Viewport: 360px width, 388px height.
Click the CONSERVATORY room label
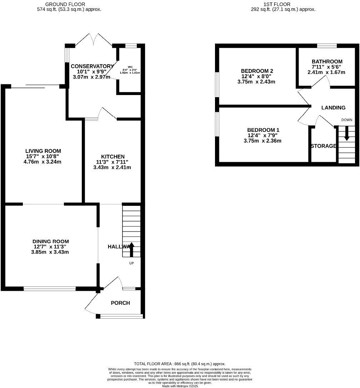[x=92, y=66]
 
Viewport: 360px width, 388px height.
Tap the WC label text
[x=131, y=66]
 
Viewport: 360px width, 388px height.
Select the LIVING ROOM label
[x=43, y=151]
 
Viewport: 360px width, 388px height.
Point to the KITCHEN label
[x=113, y=157]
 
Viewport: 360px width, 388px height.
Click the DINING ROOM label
[x=51, y=242]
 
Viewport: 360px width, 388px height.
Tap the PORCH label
[x=120, y=303]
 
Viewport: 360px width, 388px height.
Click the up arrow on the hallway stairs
[x=131, y=249]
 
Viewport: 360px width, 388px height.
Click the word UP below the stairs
[x=131, y=263]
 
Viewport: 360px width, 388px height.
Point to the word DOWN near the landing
[x=346, y=120]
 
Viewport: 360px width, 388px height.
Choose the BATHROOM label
[x=327, y=61]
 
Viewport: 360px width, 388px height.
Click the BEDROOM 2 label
[x=257, y=71]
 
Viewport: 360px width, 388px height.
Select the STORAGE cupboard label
[x=323, y=146]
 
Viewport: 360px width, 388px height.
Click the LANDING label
[x=333, y=108]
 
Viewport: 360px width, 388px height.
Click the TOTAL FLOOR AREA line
[x=180, y=364]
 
